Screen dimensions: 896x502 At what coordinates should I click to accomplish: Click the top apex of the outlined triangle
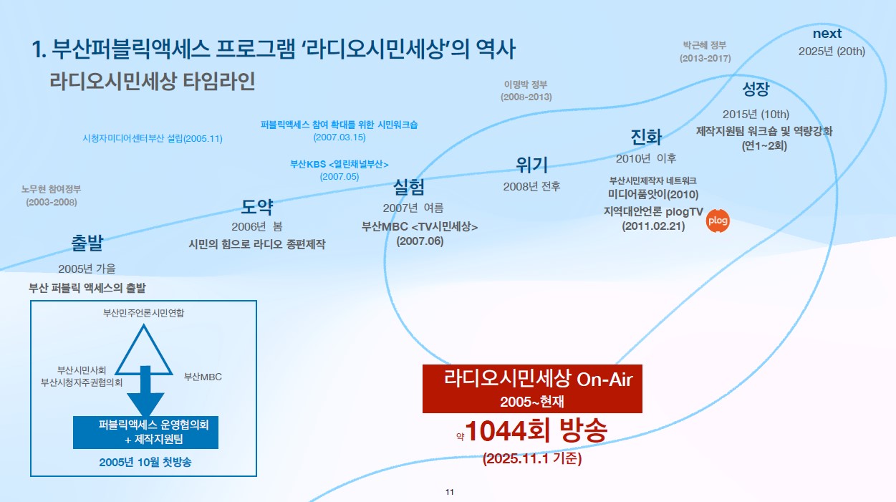coord(143,324)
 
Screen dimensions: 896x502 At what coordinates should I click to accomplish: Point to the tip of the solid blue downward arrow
coord(145,416)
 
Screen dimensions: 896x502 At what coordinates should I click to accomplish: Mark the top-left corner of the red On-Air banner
coord(423,365)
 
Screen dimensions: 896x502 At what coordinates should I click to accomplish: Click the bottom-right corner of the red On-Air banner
coord(642,412)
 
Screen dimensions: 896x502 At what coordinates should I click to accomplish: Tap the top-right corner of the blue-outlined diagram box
coord(256,301)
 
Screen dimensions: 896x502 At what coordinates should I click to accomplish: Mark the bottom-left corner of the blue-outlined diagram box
coord(30,476)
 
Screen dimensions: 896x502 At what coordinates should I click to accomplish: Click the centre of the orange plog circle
coord(718,221)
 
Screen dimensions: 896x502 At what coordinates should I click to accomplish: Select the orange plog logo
coord(718,221)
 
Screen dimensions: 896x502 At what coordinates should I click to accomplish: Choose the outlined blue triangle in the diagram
coord(143,349)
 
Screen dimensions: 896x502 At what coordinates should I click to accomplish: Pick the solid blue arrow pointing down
coord(145,391)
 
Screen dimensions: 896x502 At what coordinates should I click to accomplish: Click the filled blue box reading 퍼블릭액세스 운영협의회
coord(145,433)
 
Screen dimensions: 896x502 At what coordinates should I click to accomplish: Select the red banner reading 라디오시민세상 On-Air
coord(532,389)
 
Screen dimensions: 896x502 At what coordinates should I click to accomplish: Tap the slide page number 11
coord(450,492)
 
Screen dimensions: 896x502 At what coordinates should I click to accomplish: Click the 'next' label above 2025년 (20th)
coord(827,34)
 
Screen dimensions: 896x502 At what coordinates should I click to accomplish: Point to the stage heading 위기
coord(531,165)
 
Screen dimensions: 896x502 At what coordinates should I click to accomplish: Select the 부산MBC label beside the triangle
coord(203,377)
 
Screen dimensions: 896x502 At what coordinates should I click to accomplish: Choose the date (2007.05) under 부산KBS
coord(339,176)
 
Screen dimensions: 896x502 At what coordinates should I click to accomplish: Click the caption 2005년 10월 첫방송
coord(145,463)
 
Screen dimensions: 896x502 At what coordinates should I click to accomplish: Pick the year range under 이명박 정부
coord(526,97)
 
